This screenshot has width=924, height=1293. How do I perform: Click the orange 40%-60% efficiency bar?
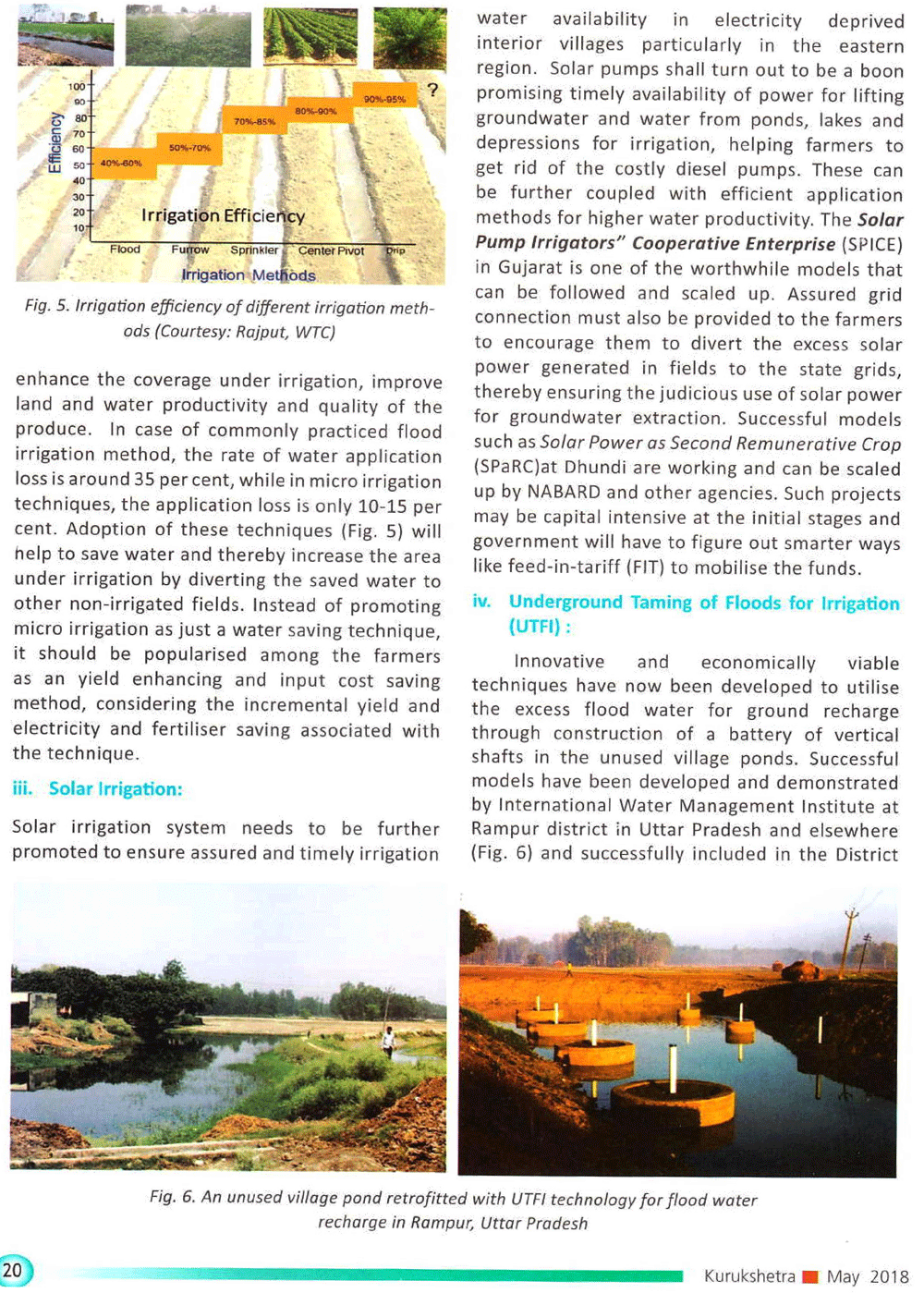(x=121, y=163)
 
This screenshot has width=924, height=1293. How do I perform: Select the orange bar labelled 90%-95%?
(x=383, y=98)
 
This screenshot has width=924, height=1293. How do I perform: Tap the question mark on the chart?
(x=432, y=91)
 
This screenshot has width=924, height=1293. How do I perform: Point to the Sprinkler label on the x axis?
(x=254, y=250)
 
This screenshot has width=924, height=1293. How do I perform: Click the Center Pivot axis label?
(x=331, y=250)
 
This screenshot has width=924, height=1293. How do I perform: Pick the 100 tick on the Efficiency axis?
(x=77, y=87)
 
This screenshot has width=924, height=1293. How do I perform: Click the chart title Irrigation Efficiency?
(x=223, y=215)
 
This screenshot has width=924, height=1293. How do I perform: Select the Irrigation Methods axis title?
(x=248, y=275)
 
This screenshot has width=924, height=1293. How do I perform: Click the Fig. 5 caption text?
(x=229, y=318)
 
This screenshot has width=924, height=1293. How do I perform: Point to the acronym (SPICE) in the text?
(x=872, y=245)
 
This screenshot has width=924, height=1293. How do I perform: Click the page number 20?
(x=13, y=1271)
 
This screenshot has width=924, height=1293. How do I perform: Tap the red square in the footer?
(x=810, y=1276)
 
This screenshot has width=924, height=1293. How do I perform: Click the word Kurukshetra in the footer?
(x=748, y=1276)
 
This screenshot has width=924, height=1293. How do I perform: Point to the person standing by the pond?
(x=389, y=1042)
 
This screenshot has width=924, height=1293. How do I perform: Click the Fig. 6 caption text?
(x=453, y=1210)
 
